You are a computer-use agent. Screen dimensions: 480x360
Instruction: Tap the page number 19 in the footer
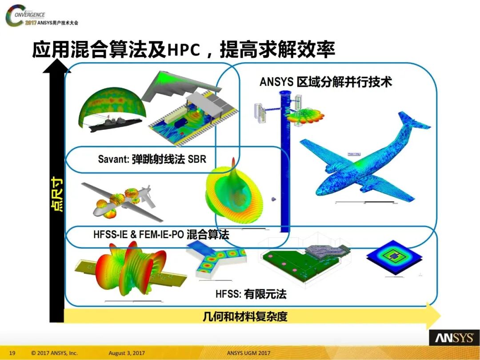point(12,353)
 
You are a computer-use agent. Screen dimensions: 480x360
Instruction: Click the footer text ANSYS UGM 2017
point(248,353)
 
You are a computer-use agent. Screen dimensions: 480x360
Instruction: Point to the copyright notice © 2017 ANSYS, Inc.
point(55,353)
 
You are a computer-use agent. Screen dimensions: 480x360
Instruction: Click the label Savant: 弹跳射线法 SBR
point(152,159)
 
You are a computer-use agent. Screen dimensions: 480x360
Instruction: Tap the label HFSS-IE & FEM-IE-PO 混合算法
point(161,234)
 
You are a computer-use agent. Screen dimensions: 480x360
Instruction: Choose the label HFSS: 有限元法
point(251,294)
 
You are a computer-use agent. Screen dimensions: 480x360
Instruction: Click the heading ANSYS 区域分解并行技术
point(326,82)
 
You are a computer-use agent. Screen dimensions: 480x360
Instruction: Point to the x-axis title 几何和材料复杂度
point(245,316)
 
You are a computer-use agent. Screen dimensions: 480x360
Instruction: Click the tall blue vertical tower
point(284,160)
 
